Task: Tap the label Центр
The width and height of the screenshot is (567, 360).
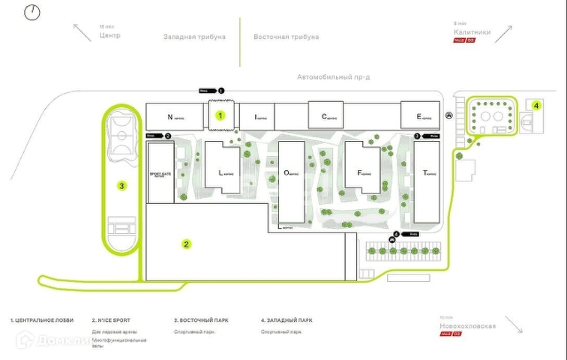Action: (x=109, y=35)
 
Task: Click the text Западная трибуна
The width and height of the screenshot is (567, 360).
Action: (x=194, y=36)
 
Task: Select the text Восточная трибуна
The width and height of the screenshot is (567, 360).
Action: (x=286, y=36)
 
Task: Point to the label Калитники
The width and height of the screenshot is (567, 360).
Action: (x=472, y=32)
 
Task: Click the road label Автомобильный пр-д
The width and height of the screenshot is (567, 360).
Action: (x=329, y=77)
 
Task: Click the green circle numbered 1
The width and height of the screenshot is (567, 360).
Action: (x=220, y=115)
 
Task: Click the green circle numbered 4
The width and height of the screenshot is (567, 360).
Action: (x=536, y=106)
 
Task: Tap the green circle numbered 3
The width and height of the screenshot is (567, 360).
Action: (x=121, y=185)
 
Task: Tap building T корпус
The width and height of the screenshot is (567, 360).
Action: (x=427, y=182)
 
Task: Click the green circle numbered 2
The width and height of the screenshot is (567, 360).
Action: (x=187, y=243)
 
